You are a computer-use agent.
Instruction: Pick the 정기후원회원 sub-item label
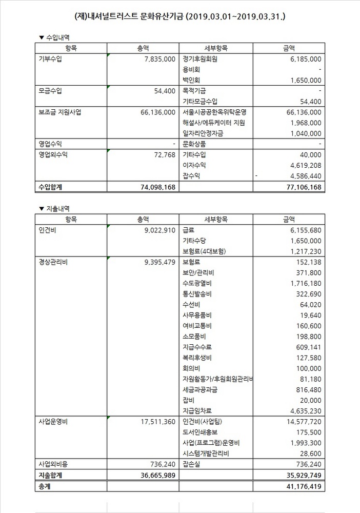coord(200,59)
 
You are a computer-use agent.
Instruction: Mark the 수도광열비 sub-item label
coord(197,283)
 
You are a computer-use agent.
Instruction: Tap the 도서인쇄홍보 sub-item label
coord(200,432)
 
